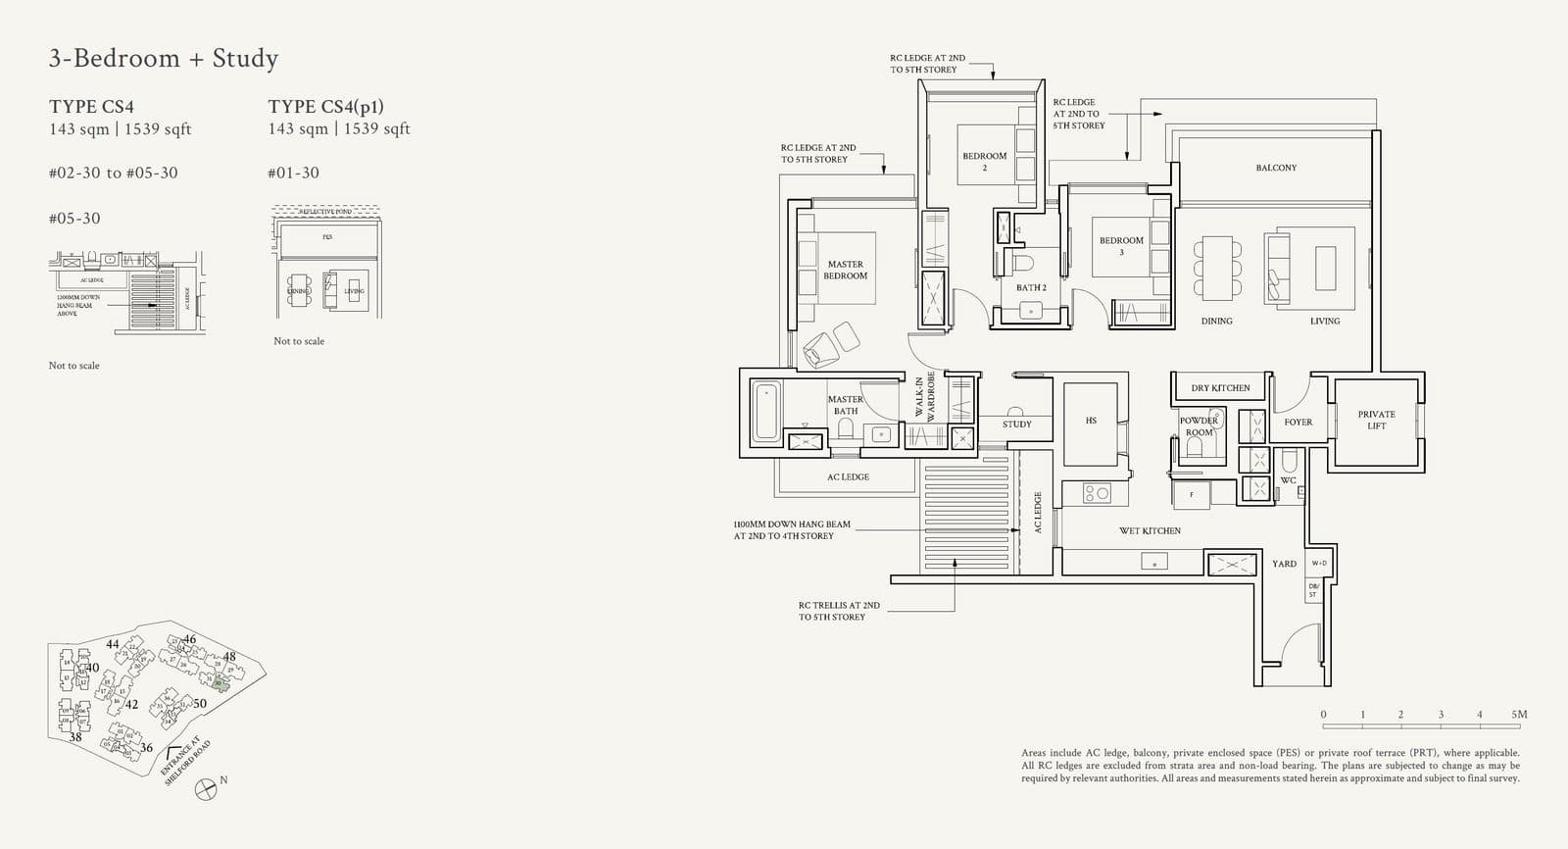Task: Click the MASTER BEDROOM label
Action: [845, 270]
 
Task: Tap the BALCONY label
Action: [1276, 168]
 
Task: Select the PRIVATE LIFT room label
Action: [1376, 420]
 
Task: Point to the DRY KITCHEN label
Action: [1220, 388]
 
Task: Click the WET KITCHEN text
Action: [1150, 530]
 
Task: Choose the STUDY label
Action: [1016, 424]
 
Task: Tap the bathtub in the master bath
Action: [766, 412]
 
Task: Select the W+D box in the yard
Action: [1318, 563]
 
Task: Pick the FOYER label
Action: [1298, 423]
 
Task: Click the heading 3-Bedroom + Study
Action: [164, 59]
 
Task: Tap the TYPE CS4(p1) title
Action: [325, 107]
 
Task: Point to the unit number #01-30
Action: [293, 173]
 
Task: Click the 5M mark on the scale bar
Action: [1518, 715]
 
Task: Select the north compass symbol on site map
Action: [206, 787]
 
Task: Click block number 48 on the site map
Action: [229, 657]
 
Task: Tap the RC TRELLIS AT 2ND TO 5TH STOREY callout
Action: [838, 611]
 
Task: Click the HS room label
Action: [1091, 421]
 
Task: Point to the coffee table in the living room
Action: [1325, 268]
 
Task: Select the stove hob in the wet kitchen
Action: [1097, 494]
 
